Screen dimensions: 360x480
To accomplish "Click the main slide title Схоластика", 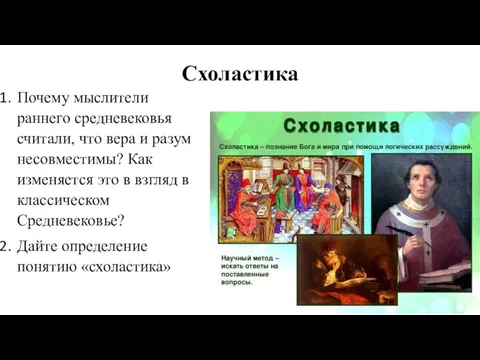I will [240, 73].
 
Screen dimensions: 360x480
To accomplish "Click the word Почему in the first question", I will [51, 98].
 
